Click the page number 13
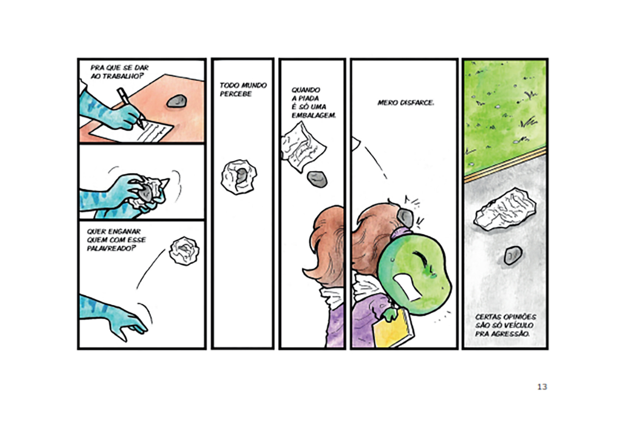[x=542, y=387]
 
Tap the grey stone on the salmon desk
[x=177, y=101]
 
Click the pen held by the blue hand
[x=130, y=108]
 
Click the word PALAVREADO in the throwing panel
[x=112, y=249]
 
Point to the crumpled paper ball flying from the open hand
[x=184, y=251]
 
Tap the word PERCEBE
[x=236, y=94]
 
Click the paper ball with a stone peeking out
[x=238, y=177]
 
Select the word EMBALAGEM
[x=314, y=115]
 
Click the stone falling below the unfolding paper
[x=317, y=179]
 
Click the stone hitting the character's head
[x=405, y=217]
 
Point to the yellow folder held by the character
[x=393, y=328]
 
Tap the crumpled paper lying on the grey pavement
[x=505, y=209]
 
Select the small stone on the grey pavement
[x=513, y=255]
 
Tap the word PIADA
[x=309, y=98]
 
